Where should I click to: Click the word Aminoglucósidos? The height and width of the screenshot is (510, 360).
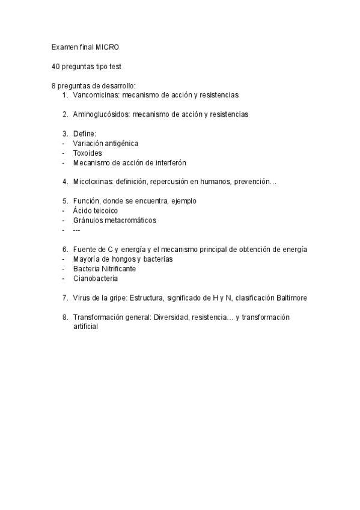(100, 114)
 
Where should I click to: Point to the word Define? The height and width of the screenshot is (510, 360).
(84, 134)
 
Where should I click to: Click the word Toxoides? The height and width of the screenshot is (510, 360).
(87, 153)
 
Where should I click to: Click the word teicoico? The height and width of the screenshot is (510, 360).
(105, 210)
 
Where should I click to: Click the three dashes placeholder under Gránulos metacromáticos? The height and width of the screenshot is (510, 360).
(76, 230)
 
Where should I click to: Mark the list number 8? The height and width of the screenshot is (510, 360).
(64, 316)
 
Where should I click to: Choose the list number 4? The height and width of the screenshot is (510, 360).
(64, 182)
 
